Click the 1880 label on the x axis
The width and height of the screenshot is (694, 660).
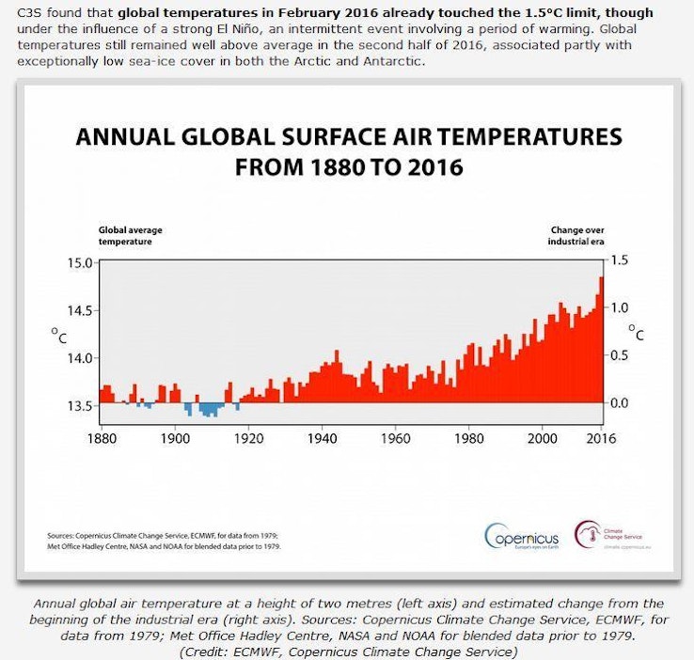click(101, 438)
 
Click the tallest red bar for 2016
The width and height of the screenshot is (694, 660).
click(601, 338)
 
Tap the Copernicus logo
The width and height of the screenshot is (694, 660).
click(522, 537)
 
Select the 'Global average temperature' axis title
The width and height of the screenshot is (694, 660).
click(126, 235)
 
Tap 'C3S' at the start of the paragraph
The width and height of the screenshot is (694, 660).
click(29, 14)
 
